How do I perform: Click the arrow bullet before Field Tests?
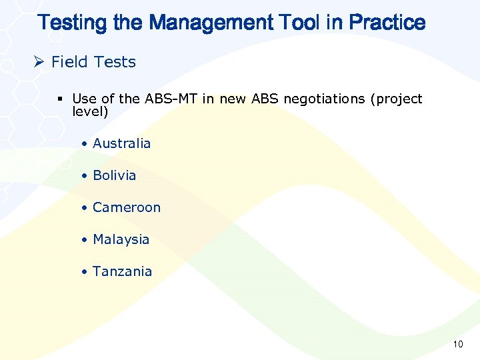tap(39, 62)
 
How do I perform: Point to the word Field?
tap(70, 62)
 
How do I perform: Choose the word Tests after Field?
tap(115, 62)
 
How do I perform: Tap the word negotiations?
tap(323, 99)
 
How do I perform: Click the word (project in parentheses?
tap(398, 99)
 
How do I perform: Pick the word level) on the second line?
tap(90, 111)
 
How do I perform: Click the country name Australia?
tap(121, 143)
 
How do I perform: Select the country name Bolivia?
tap(114, 175)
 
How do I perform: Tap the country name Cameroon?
tap(127, 207)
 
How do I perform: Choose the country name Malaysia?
tap(121, 239)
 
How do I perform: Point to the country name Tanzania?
tap(122, 271)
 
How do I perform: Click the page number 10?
tap(457, 344)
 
